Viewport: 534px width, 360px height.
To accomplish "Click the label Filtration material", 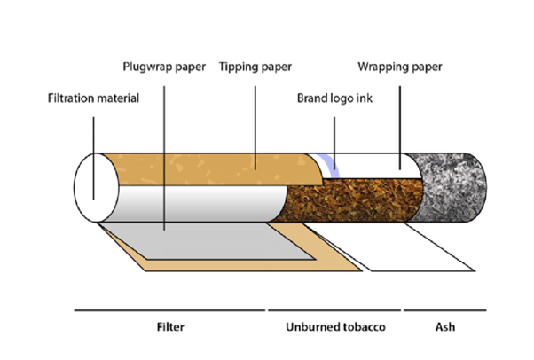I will tap(92, 98).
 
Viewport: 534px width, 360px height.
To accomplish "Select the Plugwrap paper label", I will tap(164, 67).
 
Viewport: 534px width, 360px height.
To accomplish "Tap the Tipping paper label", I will tap(257, 67).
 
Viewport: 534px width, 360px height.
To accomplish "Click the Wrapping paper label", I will tap(399, 67).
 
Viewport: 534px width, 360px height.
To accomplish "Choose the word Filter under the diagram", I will tap(169, 328).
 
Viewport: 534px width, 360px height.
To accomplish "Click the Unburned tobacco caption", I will tap(334, 328).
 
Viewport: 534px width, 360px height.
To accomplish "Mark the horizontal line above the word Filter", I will tap(169, 310).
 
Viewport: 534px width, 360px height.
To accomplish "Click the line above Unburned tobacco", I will tap(334, 310).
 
